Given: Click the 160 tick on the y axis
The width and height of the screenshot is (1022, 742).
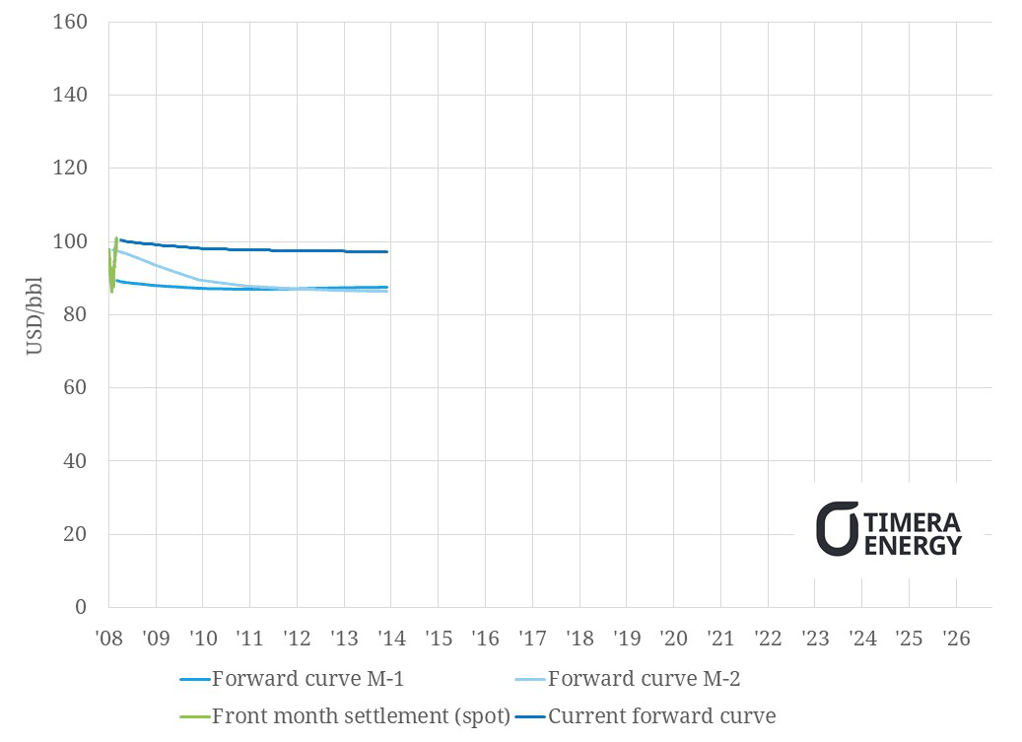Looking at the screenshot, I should click(72, 23).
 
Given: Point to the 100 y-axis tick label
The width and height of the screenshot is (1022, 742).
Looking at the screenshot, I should click(72, 242).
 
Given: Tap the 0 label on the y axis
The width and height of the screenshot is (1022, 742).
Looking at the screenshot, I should click(82, 608).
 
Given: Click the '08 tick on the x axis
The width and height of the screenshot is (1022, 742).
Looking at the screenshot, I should click(108, 639).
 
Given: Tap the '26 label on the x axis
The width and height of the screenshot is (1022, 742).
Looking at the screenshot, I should click(957, 639).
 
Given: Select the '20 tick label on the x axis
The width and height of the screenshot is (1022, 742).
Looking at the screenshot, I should click(674, 639).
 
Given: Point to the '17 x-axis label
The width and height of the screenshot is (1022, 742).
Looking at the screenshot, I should click(532, 639).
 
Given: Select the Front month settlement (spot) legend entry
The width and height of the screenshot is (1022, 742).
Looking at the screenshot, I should click(361, 716).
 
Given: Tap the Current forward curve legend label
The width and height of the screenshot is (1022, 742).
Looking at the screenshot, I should click(662, 716).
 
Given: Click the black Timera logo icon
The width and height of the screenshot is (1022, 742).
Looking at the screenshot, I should click(837, 529).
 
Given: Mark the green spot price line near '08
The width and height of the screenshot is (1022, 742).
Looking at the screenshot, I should click(112, 271).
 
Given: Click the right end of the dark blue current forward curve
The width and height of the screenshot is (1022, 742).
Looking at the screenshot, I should click(386, 251).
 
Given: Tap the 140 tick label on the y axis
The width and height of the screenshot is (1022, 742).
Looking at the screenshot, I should click(72, 96).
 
